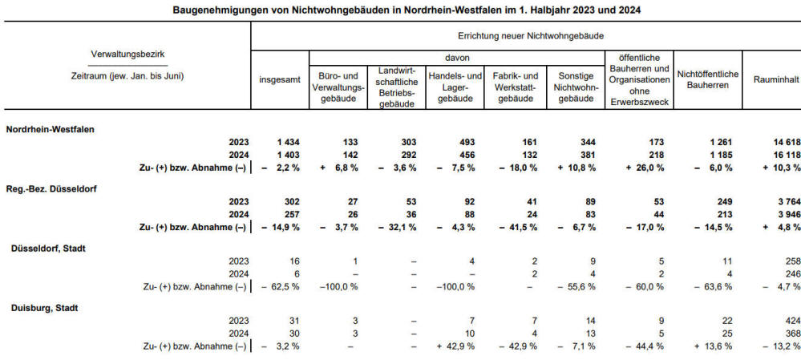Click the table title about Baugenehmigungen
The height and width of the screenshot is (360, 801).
tap(400, 10)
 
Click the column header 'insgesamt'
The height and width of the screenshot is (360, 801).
tap(279, 81)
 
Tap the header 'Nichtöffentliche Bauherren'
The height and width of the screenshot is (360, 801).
tap(708, 80)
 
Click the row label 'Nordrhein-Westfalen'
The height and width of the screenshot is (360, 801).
tap(52, 128)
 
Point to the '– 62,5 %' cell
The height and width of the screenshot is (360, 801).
tap(277, 286)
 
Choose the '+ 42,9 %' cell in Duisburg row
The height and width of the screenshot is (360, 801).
tap(457, 346)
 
